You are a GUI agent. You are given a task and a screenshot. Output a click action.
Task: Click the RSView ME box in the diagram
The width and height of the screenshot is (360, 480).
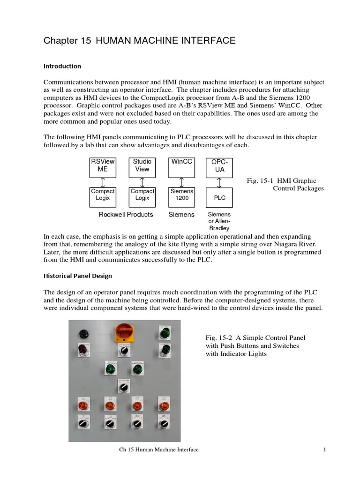pos(103,167)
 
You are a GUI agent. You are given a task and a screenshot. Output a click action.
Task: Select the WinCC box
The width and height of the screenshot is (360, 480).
pos(182,167)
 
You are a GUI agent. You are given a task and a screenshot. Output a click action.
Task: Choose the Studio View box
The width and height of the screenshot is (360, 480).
pos(142,167)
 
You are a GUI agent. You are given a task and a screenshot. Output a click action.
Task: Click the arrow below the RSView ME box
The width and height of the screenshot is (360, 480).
pos(103,182)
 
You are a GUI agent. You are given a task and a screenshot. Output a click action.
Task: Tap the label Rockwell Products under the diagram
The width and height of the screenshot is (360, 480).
pos(126,215)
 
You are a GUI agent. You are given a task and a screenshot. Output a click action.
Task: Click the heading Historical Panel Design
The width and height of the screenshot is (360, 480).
pos(77,276)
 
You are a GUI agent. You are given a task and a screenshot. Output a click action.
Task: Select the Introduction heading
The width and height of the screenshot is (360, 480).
pos(62,66)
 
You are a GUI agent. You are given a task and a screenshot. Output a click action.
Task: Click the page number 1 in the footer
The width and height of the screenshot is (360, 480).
pos(324,450)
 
